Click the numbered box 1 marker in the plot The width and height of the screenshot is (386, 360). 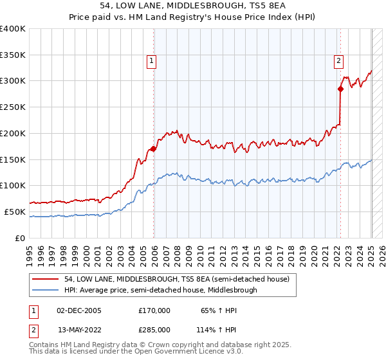151,62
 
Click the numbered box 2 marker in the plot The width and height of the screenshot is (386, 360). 338,62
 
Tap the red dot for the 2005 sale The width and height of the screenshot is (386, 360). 154,148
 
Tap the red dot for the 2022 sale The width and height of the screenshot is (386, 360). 340,89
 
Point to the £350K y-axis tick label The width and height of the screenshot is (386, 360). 13,55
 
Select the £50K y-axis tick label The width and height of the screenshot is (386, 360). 15,212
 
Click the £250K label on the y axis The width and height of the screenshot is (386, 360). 13,107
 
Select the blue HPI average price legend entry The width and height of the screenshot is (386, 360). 160,291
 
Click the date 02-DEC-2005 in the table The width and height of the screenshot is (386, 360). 79,310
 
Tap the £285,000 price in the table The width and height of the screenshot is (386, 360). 154,329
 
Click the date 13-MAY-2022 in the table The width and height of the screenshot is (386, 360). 80,329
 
